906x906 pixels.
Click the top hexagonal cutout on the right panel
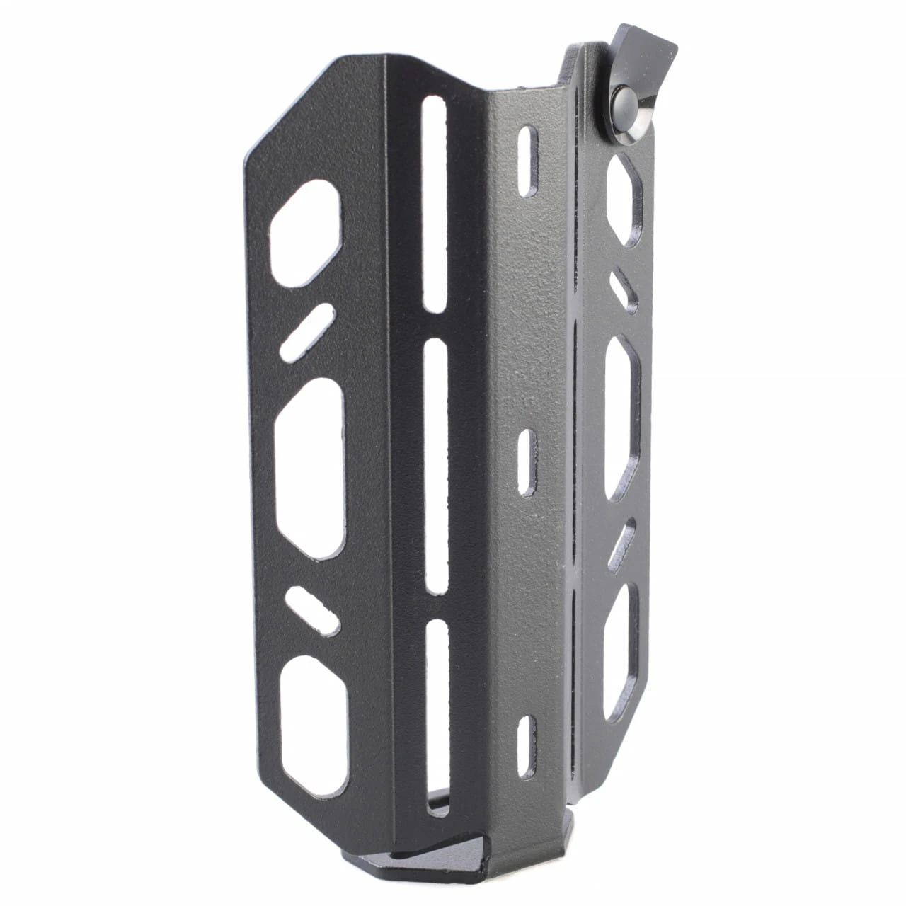coord(626,201)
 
